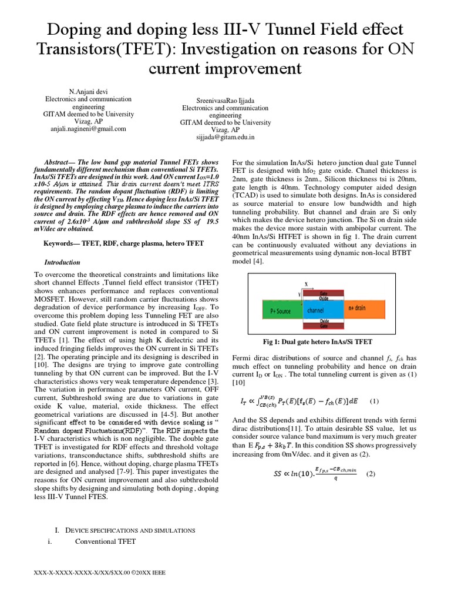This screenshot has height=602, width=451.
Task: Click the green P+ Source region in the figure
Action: pyautogui.click(x=278, y=307)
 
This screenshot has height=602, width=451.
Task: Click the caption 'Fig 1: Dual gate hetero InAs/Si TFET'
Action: pyautogui.click(x=318, y=342)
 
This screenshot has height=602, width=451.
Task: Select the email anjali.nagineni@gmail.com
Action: pyautogui.click(x=89, y=129)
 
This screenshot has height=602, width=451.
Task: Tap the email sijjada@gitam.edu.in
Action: pyautogui.click(x=225, y=138)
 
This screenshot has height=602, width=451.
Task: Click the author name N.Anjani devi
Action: pyautogui.click(x=89, y=92)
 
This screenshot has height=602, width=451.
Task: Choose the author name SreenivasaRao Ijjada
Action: pyautogui.click(x=225, y=101)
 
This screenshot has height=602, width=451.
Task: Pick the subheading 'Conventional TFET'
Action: pyautogui.click(x=105, y=541)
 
